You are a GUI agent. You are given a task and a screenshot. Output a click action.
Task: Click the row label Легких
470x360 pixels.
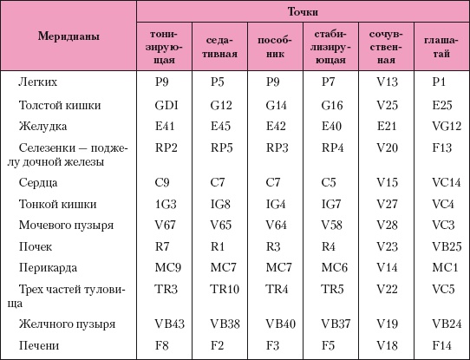click(38, 82)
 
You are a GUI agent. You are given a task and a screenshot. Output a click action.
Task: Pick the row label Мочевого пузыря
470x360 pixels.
click(66, 225)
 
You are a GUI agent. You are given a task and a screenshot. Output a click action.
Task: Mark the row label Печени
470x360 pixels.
click(38, 345)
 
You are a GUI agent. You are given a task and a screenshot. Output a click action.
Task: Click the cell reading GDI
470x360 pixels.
click(165, 104)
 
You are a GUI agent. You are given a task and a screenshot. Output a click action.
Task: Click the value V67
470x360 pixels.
click(165, 225)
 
